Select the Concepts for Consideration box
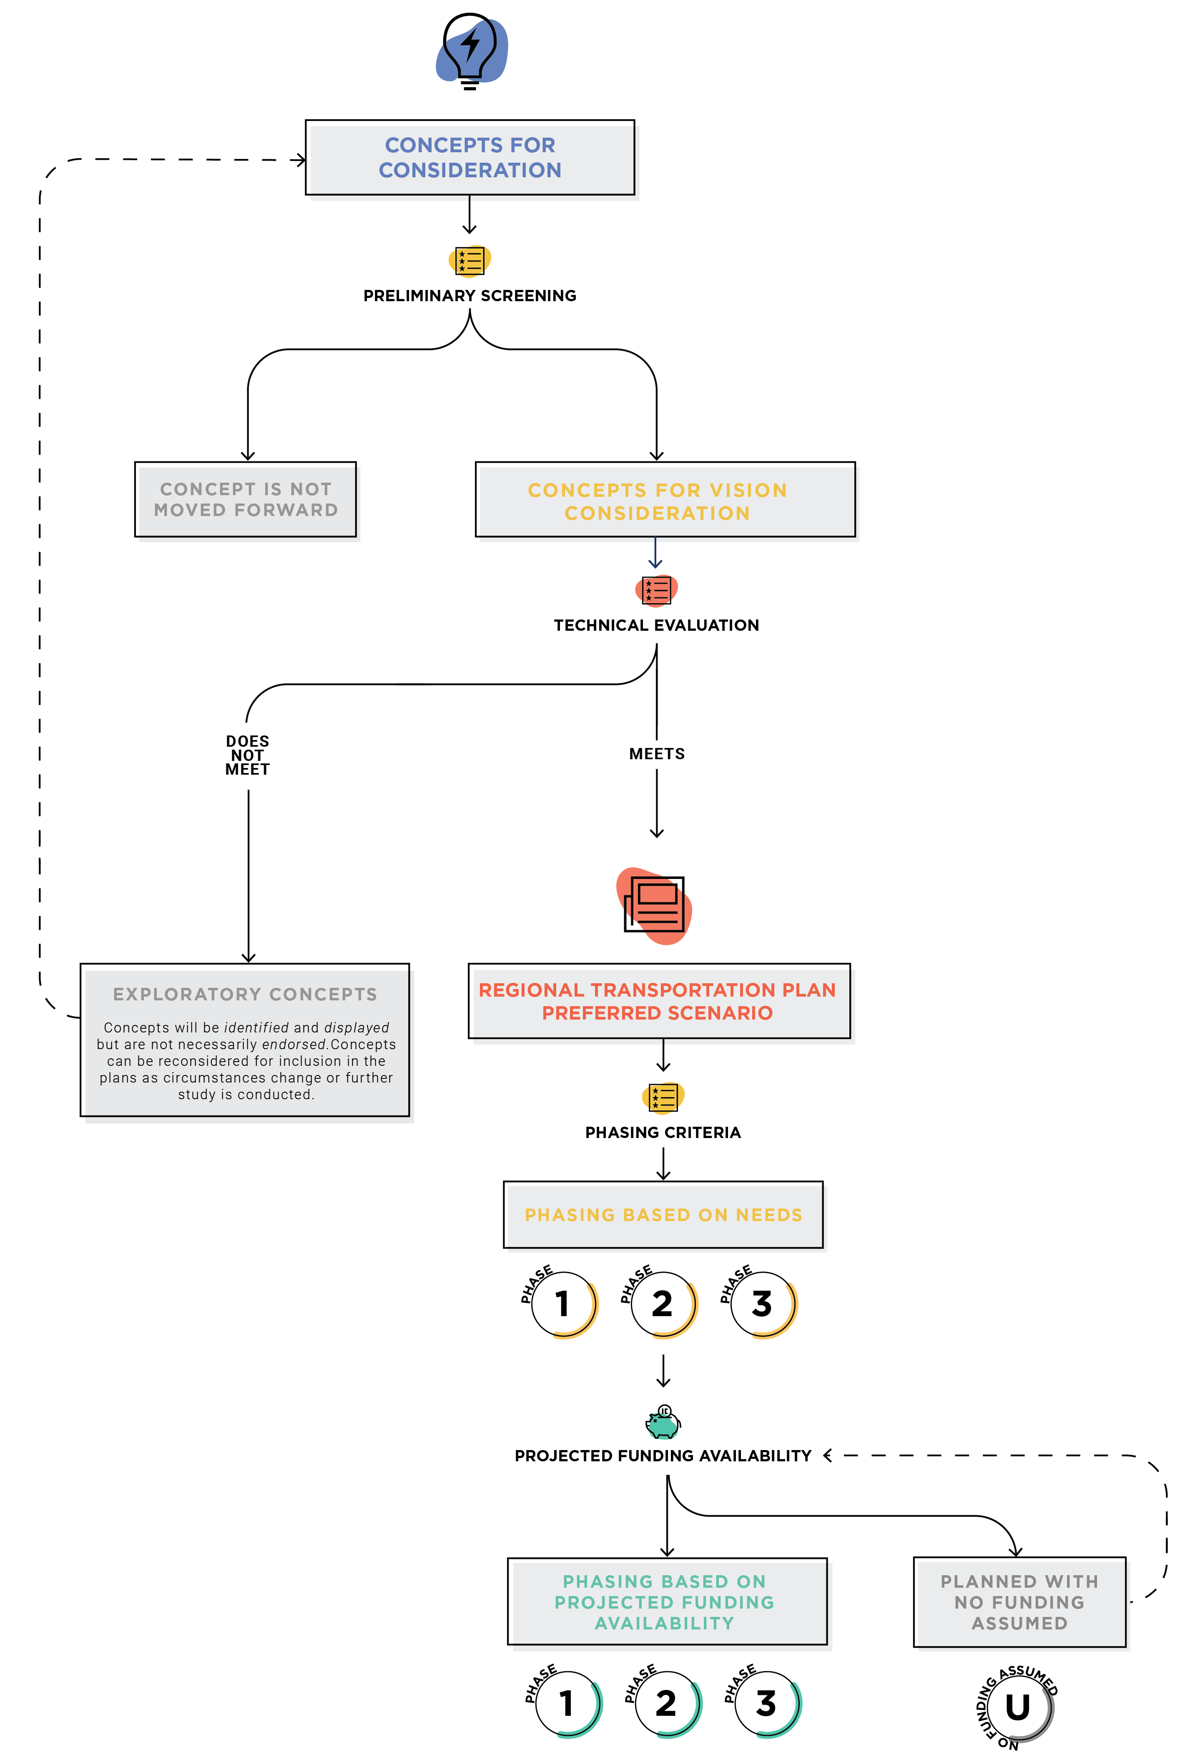tap(469, 157)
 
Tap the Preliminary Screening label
tap(469, 295)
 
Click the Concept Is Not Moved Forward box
tap(245, 499)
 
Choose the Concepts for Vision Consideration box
tap(665, 499)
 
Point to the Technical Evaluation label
tap(656, 625)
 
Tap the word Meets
tap(657, 754)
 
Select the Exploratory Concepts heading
tap(245, 995)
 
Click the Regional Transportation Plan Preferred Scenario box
tap(659, 1001)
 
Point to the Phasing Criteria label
tap(663, 1133)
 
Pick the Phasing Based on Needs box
tap(663, 1214)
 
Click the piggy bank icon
tap(663, 1422)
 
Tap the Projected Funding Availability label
tap(663, 1456)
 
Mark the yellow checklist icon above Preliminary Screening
tap(469, 261)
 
